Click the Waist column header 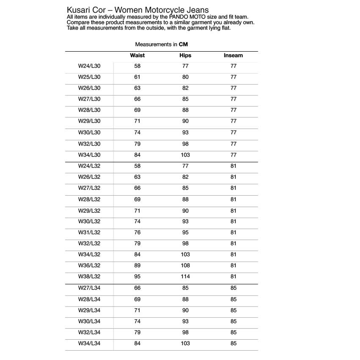pyautogui.click(x=137, y=55)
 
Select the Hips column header pyautogui.click(x=185, y=55)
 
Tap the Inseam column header pyautogui.click(x=233, y=55)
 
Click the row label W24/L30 pyautogui.click(x=89, y=66)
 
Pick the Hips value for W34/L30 pyautogui.click(x=185, y=155)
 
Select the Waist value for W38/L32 pyautogui.click(x=137, y=277)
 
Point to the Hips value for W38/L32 pyautogui.click(x=185, y=277)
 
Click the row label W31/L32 pyautogui.click(x=89, y=233)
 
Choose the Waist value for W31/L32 pyautogui.click(x=137, y=233)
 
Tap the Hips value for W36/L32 pyautogui.click(x=185, y=266)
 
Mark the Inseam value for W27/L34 pyautogui.click(x=233, y=288)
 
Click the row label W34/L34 pyautogui.click(x=89, y=343)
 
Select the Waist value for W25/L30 pyautogui.click(x=137, y=77)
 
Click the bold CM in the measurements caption pyautogui.click(x=183, y=44)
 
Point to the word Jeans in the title pyautogui.click(x=198, y=10)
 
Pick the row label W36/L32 pyautogui.click(x=89, y=266)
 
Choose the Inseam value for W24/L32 pyautogui.click(x=233, y=166)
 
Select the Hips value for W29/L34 pyautogui.click(x=185, y=310)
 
